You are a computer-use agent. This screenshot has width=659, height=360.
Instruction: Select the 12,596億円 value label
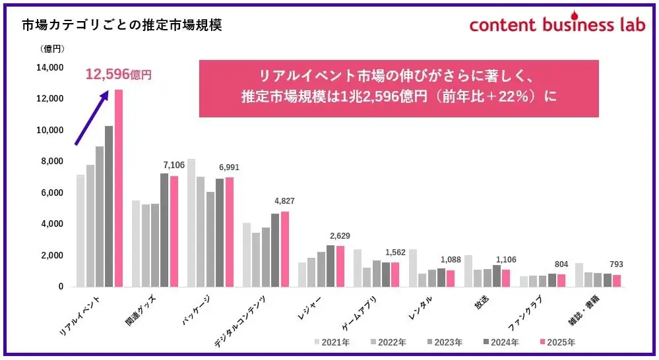[x=118, y=75]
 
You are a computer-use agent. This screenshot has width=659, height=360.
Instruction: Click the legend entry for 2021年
[x=332, y=342]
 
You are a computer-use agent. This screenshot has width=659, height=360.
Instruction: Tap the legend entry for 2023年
[x=446, y=342]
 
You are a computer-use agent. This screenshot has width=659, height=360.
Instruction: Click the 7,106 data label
[x=174, y=165]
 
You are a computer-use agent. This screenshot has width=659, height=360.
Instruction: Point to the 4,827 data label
[x=285, y=201]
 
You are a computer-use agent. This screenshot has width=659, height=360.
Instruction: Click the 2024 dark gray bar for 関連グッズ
[x=164, y=230]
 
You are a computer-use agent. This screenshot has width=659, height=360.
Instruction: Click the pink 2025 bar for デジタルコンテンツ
[x=285, y=249]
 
